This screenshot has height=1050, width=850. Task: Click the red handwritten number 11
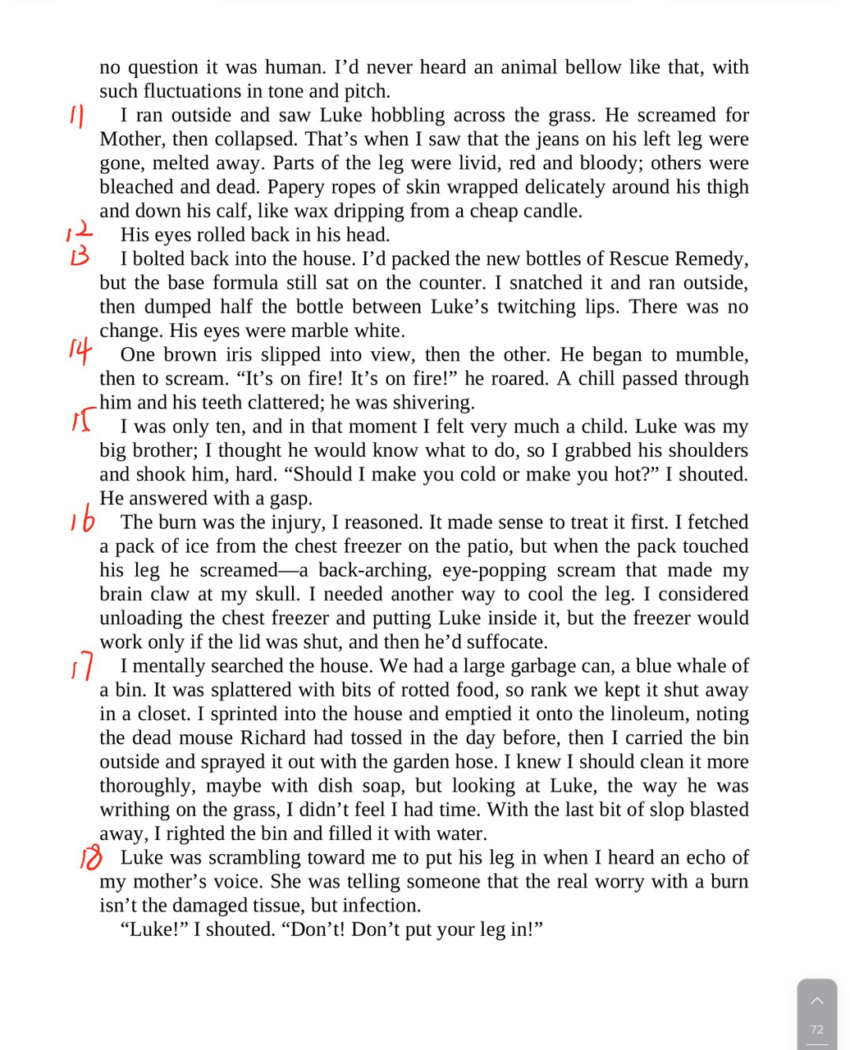tap(76, 116)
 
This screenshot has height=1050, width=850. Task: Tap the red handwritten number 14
tap(79, 351)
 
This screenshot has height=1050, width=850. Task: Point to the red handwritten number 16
tap(82, 522)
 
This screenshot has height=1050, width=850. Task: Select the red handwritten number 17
tap(82, 666)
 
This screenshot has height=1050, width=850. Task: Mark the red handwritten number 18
tap(90, 858)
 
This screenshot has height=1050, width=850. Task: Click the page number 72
tap(816, 1029)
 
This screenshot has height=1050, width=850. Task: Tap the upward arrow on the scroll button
tap(816, 1001)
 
